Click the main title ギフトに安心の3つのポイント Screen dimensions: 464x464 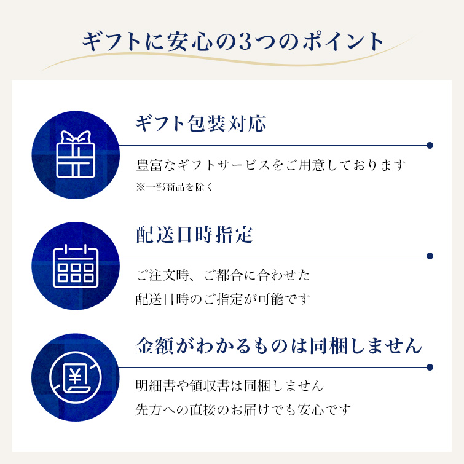232,41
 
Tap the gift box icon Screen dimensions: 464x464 76,154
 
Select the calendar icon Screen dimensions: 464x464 76,265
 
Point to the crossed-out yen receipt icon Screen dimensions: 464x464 76,377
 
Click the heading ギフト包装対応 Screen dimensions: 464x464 201,123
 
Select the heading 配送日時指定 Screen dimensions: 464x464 194,235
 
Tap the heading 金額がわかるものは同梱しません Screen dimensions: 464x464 279,345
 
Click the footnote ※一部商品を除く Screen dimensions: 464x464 175,187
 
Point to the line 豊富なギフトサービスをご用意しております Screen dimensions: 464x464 271,165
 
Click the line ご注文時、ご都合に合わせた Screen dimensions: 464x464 223,275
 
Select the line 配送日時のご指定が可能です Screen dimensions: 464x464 223,299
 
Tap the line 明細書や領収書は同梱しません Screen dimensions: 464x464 230,386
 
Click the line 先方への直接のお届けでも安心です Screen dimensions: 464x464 243,410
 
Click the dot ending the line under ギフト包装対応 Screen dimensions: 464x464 430,145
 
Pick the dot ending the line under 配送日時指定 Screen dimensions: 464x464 430,256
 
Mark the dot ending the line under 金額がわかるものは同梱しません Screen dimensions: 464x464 430,368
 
